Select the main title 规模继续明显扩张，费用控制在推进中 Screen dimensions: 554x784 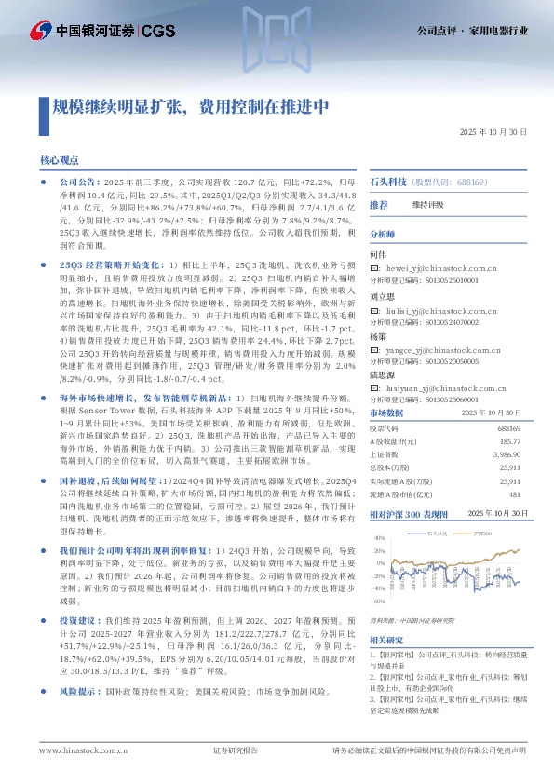pos(190,106)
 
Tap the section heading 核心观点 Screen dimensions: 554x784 pos(59,160)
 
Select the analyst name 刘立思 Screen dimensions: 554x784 pos(383,294)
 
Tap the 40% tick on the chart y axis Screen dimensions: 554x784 pos(380,538)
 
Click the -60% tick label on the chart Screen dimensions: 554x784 pos(379,602)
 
